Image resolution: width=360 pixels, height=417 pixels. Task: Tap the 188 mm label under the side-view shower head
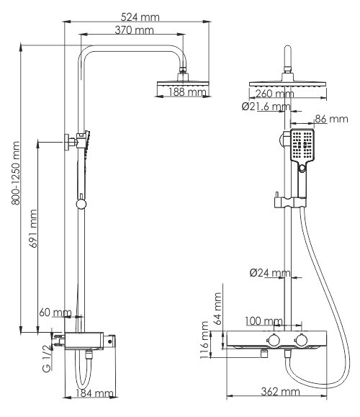[x=186, y=93]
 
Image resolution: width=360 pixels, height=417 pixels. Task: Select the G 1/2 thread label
[x=46, y=357]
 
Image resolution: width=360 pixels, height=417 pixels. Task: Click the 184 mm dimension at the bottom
[x=95, y=393]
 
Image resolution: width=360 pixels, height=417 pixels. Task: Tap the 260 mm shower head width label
[x=274, y=94]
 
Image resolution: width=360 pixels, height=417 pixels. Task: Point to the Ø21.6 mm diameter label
[x=265, y=107]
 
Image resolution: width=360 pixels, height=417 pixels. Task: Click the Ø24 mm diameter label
[x=269, y=273]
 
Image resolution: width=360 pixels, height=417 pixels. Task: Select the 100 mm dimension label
[x=264, y=321]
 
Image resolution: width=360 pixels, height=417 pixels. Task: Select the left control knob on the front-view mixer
[x=274, y=340]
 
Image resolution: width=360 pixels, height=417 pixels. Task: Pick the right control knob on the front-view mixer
[x=302, y=340]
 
